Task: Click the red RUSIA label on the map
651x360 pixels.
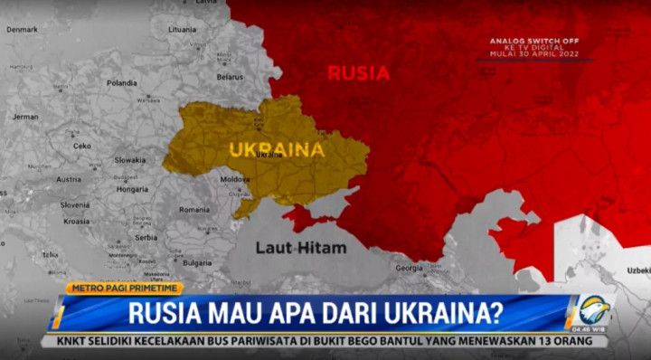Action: coord(359,72)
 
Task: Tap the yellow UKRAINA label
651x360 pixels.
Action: coord(277,149)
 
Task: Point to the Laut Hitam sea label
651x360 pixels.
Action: coord(300,247)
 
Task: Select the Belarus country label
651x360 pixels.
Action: coord(230,77)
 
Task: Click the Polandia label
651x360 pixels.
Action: coord(121,82)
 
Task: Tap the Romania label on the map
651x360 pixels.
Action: coord(193,209)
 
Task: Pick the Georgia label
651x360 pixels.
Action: coord(409,268)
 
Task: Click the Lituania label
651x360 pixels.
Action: coord(182,29)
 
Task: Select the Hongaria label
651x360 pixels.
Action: coord(133,189)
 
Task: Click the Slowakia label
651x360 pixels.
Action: coord(130,159)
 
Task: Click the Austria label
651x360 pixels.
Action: coord(69,179)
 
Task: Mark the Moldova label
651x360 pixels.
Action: coord(235,179)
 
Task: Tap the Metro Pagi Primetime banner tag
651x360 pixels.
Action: coord(124,288)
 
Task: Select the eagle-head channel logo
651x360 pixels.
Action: coord(593,310)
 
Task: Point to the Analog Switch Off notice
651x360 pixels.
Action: coord(533,47)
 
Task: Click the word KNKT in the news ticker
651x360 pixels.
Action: coord(76,342)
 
